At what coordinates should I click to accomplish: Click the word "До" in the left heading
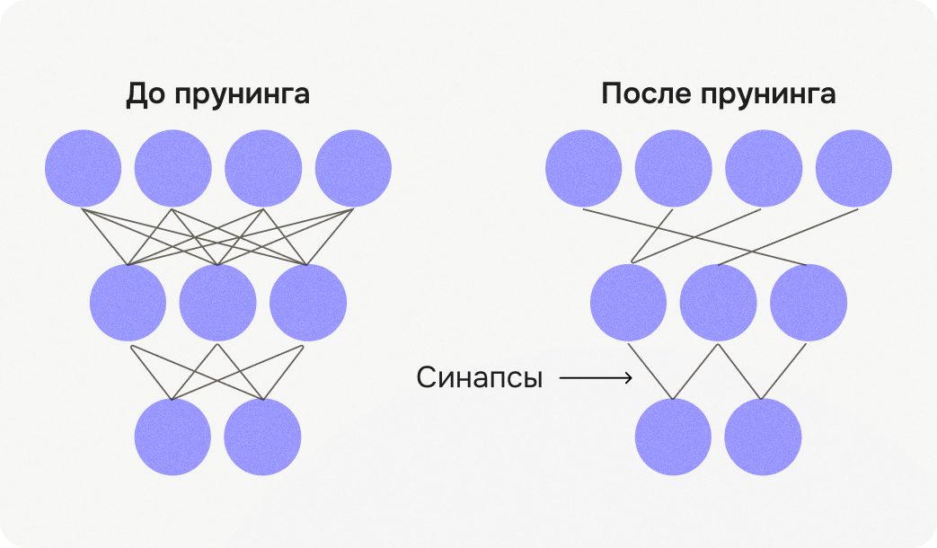(x=146, y=94)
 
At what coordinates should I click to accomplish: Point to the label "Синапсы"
(x=480, y=378)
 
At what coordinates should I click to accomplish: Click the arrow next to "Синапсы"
(x=595, y=378)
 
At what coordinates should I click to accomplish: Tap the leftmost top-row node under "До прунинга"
(x=83, y=168)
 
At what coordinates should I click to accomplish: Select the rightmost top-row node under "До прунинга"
(x=353, y=168)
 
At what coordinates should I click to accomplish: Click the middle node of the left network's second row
(x=217, y=303)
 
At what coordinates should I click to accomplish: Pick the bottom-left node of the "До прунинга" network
(x=172, y=438)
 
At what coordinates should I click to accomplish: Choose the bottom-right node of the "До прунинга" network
(x=262, y=438)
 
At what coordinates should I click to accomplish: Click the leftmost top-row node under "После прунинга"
(x=583, y=168)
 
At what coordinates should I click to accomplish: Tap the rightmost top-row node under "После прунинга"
(x=853, y=168)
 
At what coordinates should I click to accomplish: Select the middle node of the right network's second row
(x=718, y=303)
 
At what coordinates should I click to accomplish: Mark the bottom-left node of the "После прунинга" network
(x=673, y=438)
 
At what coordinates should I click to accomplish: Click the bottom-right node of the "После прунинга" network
(x=763, y=438)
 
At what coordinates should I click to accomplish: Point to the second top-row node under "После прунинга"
(x=673, y=168)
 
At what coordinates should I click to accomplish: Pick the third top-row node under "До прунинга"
(x=263, y=168)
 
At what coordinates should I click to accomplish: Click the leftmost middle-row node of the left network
(x=128, y=303)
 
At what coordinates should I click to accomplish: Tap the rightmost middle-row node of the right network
(x=808, y=303)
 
